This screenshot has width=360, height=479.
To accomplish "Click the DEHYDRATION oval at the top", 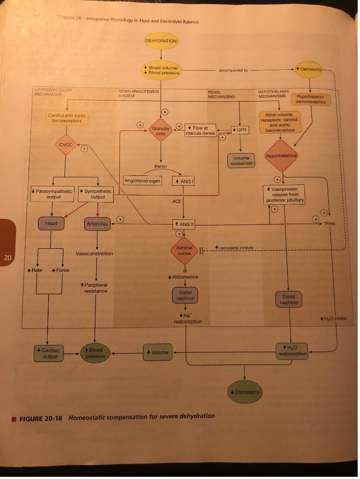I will [161, 41].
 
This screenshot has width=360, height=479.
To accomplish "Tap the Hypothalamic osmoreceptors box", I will [310, 100].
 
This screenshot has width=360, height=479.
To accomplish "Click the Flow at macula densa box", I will [200, 131].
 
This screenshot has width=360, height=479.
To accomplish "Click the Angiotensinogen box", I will [143, 181].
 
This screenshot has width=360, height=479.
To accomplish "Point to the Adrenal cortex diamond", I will [185, 250].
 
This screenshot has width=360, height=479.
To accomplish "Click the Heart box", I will [51, 224].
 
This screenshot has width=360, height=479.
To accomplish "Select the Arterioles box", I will [97, 224].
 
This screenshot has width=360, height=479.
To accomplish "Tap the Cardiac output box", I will [50, 353].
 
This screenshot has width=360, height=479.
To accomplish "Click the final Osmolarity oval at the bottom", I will [245, 392].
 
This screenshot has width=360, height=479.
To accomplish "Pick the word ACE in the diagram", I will [177, 201].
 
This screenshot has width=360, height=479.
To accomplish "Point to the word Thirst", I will [330, 224].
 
